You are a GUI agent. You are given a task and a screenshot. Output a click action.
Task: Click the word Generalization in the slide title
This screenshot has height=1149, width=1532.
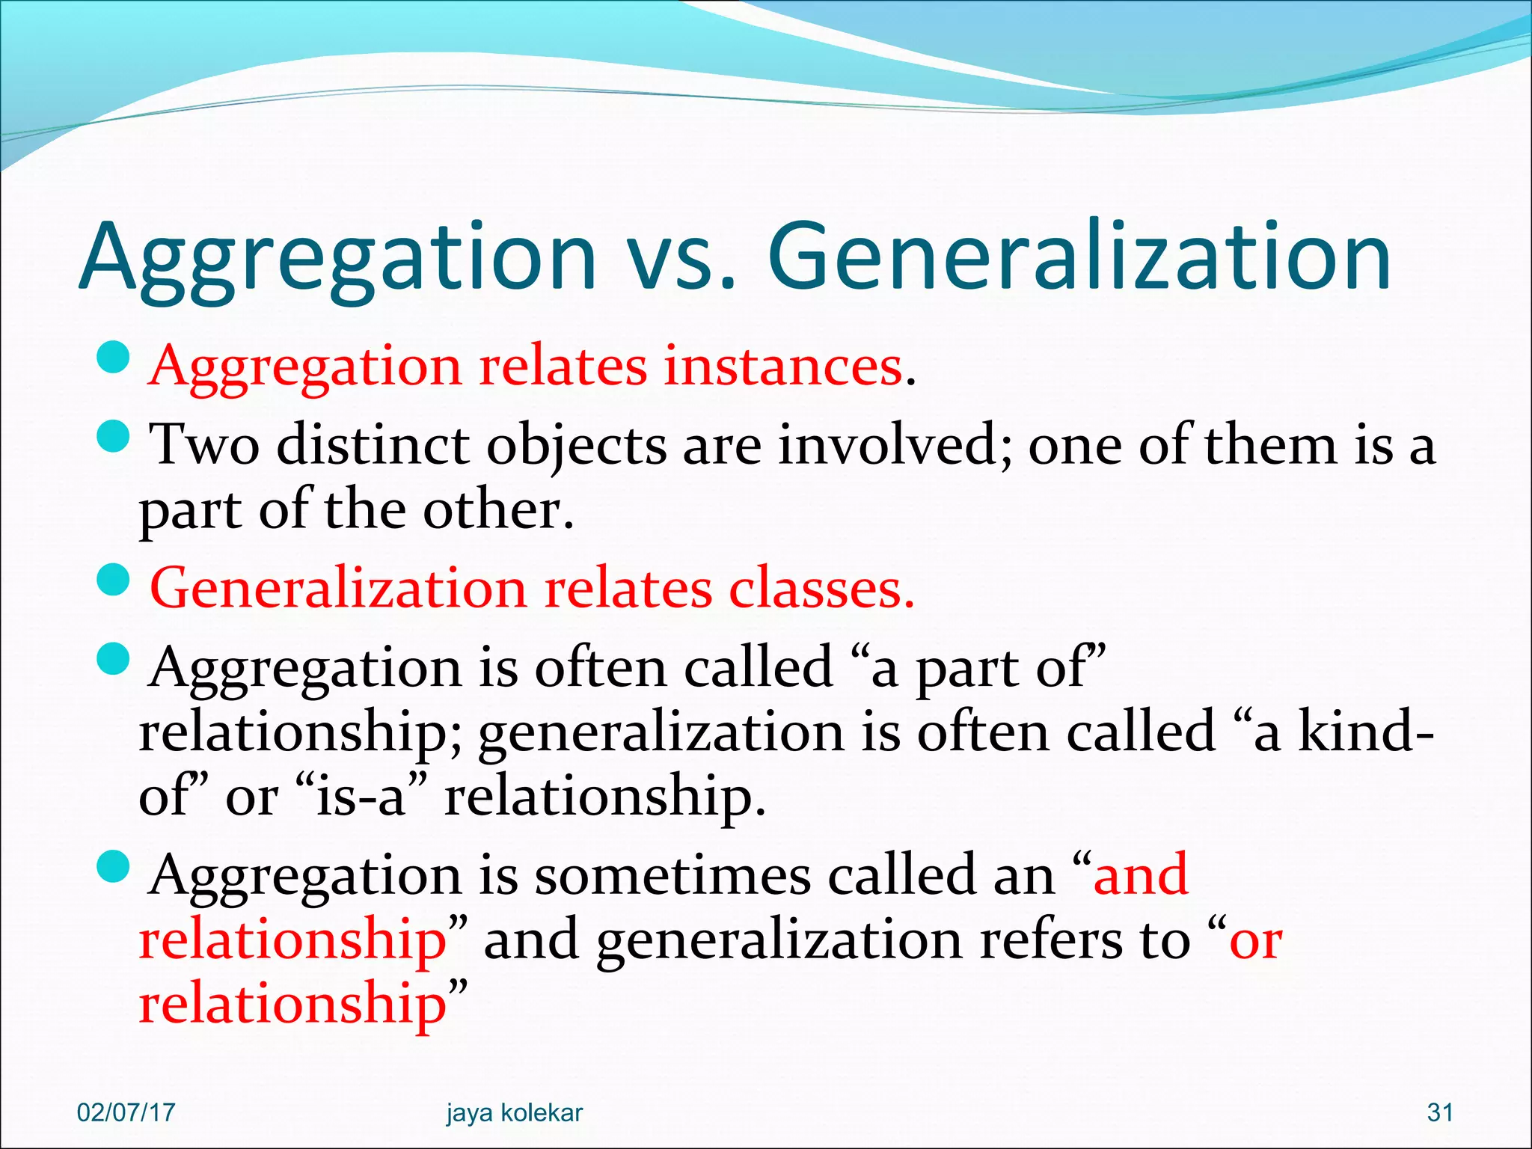[1079, 257]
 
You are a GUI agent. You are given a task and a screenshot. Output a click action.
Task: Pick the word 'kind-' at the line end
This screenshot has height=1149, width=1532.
[1364, 732]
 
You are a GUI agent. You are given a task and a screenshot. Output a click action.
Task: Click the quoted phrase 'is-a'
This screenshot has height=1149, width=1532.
[361, 796]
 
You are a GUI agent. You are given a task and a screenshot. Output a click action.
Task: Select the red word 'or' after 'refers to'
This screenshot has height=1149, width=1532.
[1256, 940]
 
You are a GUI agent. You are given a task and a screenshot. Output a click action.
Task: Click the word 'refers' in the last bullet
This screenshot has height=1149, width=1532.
[1051, 940]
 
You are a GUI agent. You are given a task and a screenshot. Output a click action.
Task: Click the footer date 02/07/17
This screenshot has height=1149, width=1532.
[126, 1112]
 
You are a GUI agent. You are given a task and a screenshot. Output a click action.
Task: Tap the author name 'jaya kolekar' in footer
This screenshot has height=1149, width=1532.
[514, 1112]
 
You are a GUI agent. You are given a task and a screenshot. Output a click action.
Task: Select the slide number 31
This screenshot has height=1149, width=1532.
[1440, 1112]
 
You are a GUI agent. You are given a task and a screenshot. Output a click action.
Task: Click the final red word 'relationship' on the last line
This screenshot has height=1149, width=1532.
[292, 1004]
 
